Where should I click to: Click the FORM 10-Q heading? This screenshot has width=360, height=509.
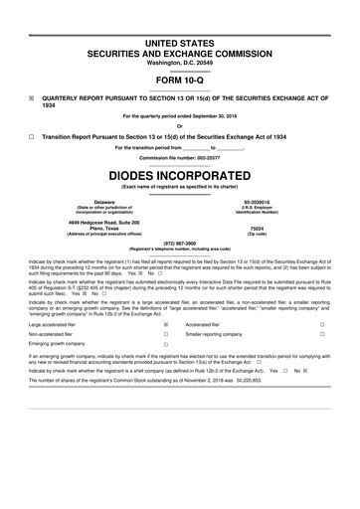(179, 79)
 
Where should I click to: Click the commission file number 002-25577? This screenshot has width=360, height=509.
(208, 156)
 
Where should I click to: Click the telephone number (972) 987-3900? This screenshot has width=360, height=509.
(179, 242)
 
